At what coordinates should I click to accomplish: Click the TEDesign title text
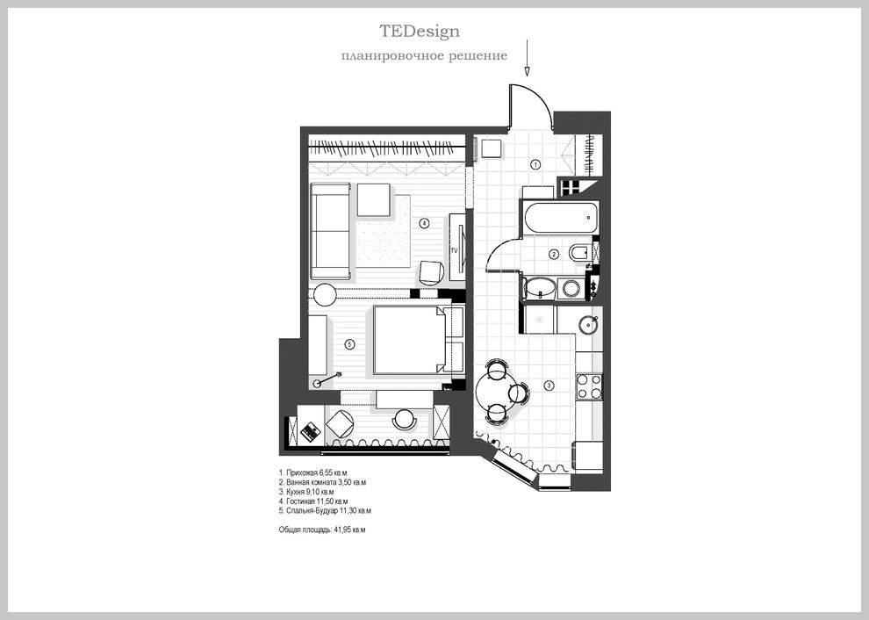coord(420,31)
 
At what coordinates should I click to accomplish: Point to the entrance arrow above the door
coord(527,57)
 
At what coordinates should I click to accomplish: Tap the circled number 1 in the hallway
coord(535,164)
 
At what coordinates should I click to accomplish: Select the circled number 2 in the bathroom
coord(554,255)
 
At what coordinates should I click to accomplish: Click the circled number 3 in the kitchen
coord(549,386)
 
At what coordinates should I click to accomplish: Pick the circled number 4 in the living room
coord(424,223)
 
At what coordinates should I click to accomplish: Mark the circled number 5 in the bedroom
coord(349,344)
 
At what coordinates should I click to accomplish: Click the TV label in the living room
coord(454,250)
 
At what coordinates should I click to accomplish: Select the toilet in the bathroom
coord(579,254)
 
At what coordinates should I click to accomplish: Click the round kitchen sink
coord(589,324)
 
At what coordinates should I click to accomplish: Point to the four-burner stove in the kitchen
coord(589,386)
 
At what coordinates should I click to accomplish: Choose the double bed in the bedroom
coord(411,339)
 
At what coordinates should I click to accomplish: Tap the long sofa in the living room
coord(331,231)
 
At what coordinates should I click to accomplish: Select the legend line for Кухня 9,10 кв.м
coord(306,492)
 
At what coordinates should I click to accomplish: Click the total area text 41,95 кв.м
coord(349,530)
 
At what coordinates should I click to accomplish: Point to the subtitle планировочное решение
coord(424,56)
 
